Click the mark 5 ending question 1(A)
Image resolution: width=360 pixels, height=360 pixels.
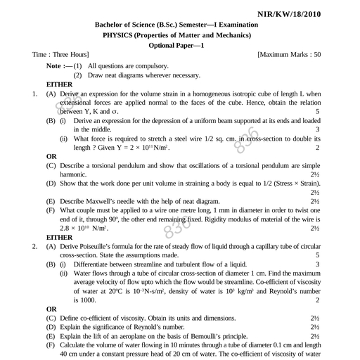point(318,111)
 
